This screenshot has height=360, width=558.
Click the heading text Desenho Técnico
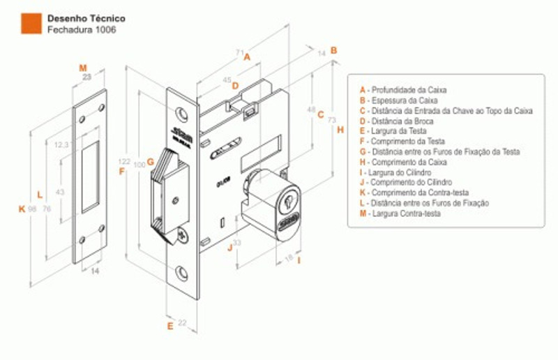(76, 18)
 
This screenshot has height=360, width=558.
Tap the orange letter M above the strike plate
(82, 68)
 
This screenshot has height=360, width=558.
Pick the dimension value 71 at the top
(239, 52)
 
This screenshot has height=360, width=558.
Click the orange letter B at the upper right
(334, 50)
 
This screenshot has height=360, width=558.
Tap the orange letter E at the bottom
(170, 326)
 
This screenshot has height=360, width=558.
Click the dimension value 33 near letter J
(236, 243)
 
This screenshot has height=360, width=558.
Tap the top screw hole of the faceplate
(182, 112)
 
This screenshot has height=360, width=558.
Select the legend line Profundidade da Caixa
(403, 90)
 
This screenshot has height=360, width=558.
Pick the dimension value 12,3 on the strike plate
(61, 144)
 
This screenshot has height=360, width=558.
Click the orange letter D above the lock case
(235, 86)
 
